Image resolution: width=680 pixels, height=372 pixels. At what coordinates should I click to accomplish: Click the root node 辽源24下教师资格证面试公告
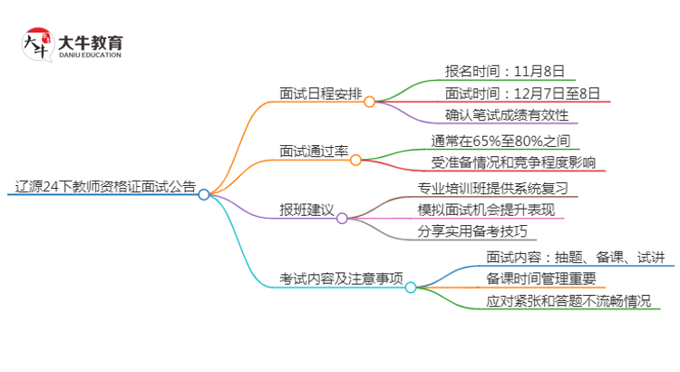(99, 186)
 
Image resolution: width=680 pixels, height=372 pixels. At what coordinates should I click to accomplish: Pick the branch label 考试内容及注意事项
(342, 278)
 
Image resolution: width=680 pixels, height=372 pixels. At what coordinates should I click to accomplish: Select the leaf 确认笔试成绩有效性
(507, 115)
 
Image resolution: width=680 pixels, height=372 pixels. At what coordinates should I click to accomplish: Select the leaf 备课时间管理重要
(540, 278)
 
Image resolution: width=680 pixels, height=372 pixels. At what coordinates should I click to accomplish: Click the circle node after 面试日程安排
(369, 103)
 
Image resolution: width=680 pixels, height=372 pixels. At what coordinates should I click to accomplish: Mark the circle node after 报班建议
(342, 219)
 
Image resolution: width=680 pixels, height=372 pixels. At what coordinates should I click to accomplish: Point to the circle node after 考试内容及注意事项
(410, 288)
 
